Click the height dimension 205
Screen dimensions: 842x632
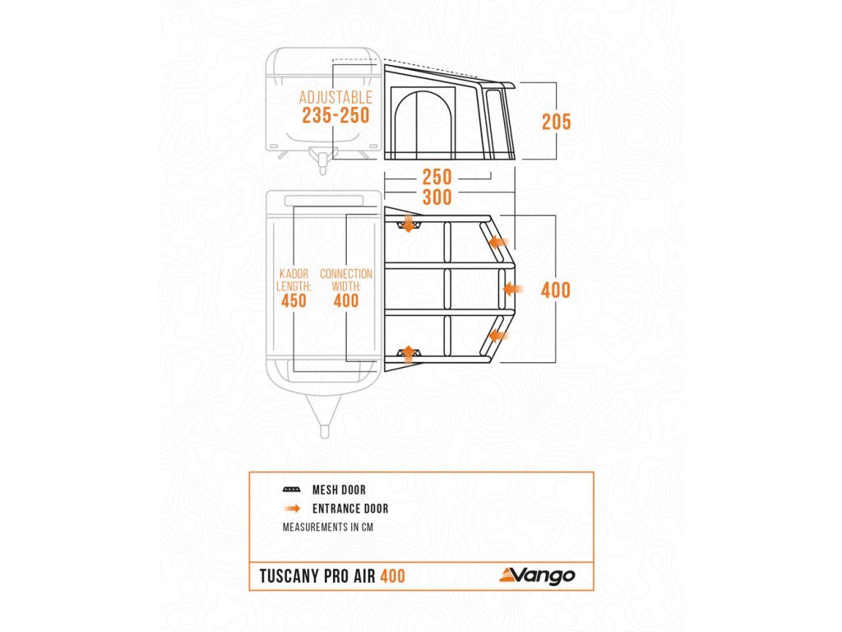(x=556, y=122)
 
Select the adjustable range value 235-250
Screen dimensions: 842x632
(x=335, y=116)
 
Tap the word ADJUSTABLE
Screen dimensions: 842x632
(x=335, y=98)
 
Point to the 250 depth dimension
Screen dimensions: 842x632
(x=437, y=178)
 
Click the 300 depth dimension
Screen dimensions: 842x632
(x=437, y=197)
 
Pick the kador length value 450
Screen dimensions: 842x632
(x=294, y=300)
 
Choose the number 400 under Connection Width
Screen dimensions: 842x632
(x=346, y=300)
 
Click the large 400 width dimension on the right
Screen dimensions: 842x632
(x=556, y=290)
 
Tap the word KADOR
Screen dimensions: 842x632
(x=294, y=273)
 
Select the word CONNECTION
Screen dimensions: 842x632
(x=346, y=273)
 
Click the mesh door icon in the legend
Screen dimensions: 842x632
(x=290, y=490)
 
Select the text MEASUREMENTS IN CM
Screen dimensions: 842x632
(x=327, y=527)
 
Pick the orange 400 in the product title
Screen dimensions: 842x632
(x=392, y=576)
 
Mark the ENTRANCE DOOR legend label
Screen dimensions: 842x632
(x=350, y=509)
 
